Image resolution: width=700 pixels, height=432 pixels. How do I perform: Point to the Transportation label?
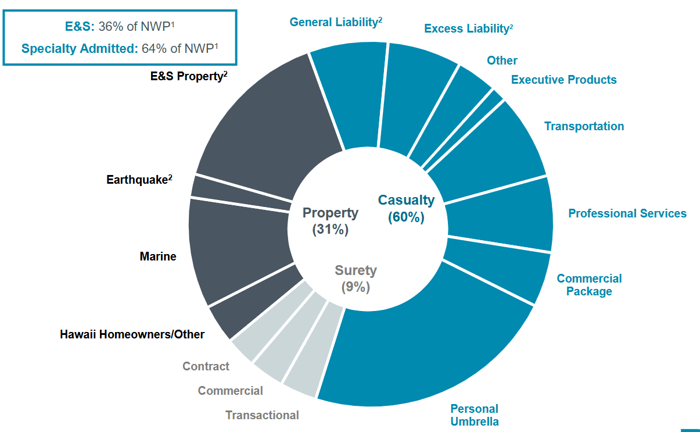click(584, 126)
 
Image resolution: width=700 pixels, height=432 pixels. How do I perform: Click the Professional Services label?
click(627, 213)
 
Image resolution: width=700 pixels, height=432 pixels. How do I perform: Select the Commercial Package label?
click(589, 285)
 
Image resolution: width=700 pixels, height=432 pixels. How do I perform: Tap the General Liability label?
click(336, 22)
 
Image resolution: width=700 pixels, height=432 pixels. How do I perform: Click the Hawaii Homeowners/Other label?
click(132, 334)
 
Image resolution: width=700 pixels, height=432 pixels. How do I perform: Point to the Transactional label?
click(262, 415)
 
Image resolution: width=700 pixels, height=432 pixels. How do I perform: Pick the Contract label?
click(206, 366)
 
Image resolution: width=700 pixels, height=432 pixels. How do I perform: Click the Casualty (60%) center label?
click(406, 208)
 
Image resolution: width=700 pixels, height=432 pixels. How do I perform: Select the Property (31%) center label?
click(330, 221)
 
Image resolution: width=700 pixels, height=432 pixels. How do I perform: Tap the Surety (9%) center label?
click(356, 278)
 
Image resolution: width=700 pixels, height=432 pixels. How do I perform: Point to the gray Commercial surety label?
click(230, 391)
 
